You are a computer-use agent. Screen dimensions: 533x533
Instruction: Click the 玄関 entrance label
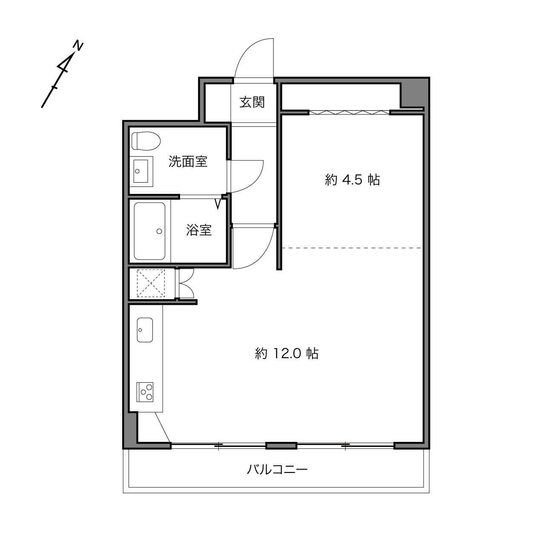252,102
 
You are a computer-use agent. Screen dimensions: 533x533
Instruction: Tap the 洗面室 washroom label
188,161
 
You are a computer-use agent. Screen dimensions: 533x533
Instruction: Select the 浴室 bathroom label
199,230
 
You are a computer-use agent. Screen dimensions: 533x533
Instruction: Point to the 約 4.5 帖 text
352,180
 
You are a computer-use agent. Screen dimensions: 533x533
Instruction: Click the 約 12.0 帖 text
287,353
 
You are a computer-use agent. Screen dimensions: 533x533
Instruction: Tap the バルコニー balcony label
277,470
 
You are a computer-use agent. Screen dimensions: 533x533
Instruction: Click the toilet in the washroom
146,141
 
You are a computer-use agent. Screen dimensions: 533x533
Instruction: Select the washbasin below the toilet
141,172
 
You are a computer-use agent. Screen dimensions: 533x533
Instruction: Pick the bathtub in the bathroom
149,231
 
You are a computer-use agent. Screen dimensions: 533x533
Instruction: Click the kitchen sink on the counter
145,330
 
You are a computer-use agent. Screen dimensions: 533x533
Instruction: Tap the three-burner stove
145,392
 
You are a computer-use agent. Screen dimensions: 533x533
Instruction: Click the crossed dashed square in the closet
151,283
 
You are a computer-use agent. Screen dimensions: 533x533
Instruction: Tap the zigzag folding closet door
350,112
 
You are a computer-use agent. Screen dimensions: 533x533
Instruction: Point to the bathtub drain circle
159,231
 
